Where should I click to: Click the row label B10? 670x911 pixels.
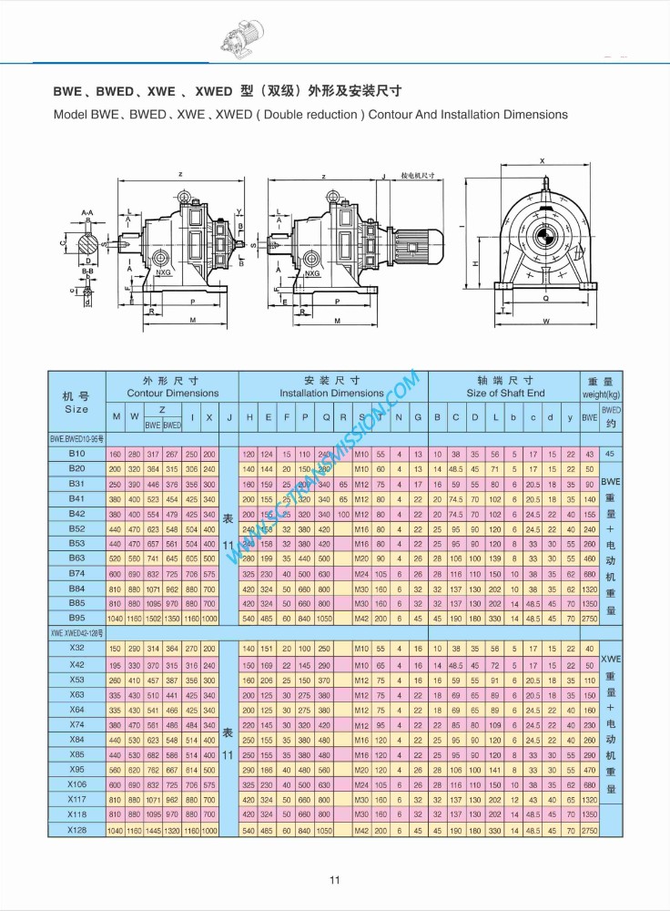coord(76,454)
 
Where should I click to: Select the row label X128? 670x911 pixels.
coord(76,831)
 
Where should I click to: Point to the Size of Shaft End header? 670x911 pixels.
coord(505,394)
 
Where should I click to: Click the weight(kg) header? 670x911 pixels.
coord(601,394)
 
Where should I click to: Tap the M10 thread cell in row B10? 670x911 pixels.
coord(360,454)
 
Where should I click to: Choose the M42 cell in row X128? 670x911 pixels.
coord(360,831)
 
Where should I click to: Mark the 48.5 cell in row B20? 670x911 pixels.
coord(455,468)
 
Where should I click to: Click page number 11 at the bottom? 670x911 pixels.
coord(334,879)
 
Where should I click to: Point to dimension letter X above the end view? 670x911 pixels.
coord(542,160)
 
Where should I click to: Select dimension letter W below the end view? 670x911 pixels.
coord(544,322)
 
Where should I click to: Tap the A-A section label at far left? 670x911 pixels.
coord(86,212)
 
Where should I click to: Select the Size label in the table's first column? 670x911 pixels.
coord(76,409)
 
